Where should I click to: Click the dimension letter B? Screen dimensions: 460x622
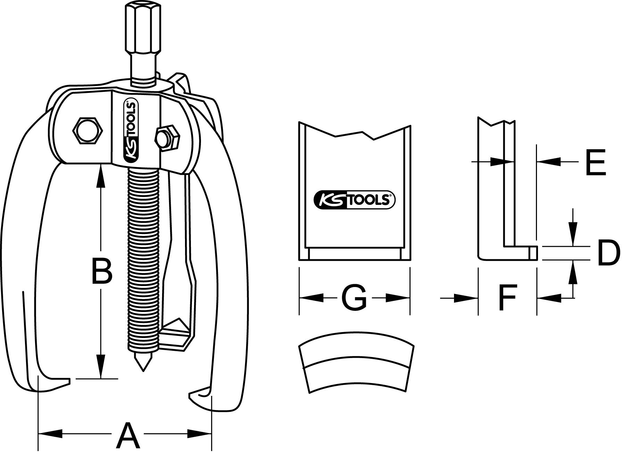(x=101, y=271)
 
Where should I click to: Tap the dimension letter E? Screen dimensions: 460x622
(x=595, y=163)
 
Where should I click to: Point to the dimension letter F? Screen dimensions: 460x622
(x=507, y=297)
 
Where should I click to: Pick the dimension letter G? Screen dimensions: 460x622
(x=354, y=298)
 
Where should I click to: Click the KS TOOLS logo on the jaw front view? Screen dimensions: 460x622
(x=354, y=200)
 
